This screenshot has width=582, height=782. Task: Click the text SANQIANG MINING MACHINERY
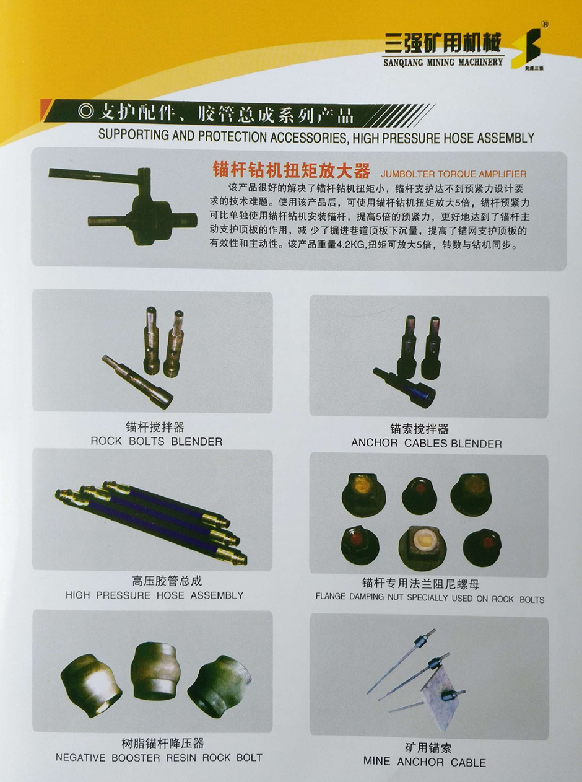444,63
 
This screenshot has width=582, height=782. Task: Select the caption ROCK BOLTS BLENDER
156,442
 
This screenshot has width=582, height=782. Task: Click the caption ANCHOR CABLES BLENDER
427,444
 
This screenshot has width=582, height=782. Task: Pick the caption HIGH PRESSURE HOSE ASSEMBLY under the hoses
154,595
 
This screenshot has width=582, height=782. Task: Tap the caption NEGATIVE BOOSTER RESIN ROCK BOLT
159,757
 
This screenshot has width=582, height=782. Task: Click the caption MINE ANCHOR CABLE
425,762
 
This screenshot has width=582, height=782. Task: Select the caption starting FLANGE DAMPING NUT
430,599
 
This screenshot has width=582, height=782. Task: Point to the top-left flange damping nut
363,493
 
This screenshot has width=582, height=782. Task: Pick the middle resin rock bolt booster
154,671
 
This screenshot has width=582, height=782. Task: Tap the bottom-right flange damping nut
482,546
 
